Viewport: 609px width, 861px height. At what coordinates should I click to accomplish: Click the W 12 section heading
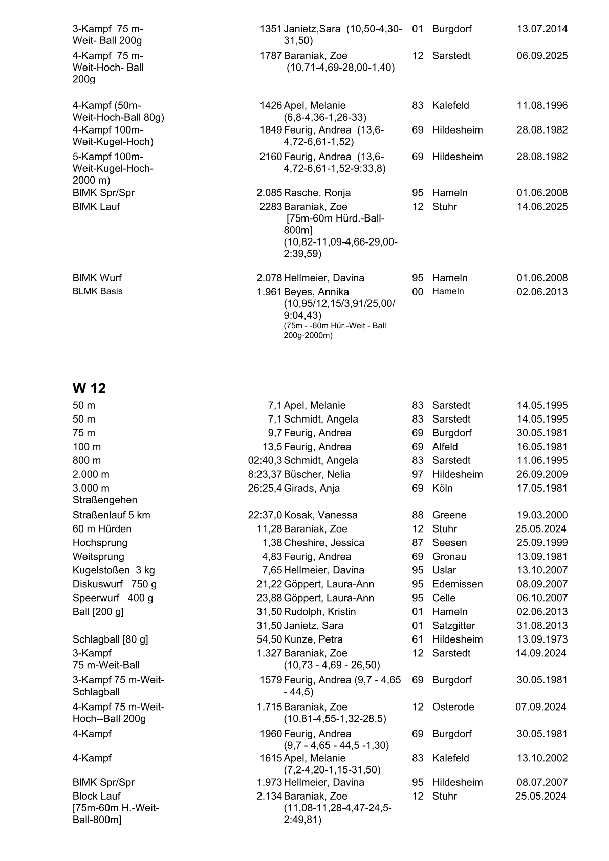point(89,388)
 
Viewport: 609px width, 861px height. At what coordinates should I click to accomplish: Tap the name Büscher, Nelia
point(317,474)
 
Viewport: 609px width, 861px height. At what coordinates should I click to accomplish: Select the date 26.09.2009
point(542,474)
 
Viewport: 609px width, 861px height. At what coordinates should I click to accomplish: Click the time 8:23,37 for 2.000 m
point(265,474)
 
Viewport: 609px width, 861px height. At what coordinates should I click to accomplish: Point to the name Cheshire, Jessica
point(324,542)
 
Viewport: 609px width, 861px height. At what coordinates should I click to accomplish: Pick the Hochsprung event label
point(100,542)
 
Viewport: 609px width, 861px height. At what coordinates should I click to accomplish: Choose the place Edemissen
point(457,584)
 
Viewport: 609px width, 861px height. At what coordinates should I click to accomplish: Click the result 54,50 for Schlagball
point(269,639)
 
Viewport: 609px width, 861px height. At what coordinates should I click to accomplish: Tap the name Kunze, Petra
point(313,639)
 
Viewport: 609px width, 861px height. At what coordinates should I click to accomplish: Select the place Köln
point(442,488)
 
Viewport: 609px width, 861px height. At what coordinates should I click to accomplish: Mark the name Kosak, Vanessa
point(320,515)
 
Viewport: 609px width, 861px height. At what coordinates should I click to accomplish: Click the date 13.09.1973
point(542,639)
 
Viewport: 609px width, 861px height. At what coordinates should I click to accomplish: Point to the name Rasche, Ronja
point(317,193)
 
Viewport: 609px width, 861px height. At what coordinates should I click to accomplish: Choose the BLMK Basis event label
point(97,291)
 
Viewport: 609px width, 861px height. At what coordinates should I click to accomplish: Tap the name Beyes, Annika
point(316,292)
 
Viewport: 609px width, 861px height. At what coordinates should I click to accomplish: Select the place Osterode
point(453,707)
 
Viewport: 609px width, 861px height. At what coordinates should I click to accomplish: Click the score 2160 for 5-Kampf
point(271,157)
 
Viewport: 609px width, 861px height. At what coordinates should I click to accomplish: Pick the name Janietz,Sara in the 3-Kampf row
point(312,29)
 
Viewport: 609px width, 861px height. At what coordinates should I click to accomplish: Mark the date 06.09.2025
point(542,55)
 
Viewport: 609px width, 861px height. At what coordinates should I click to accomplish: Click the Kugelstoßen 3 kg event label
point(114,570)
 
